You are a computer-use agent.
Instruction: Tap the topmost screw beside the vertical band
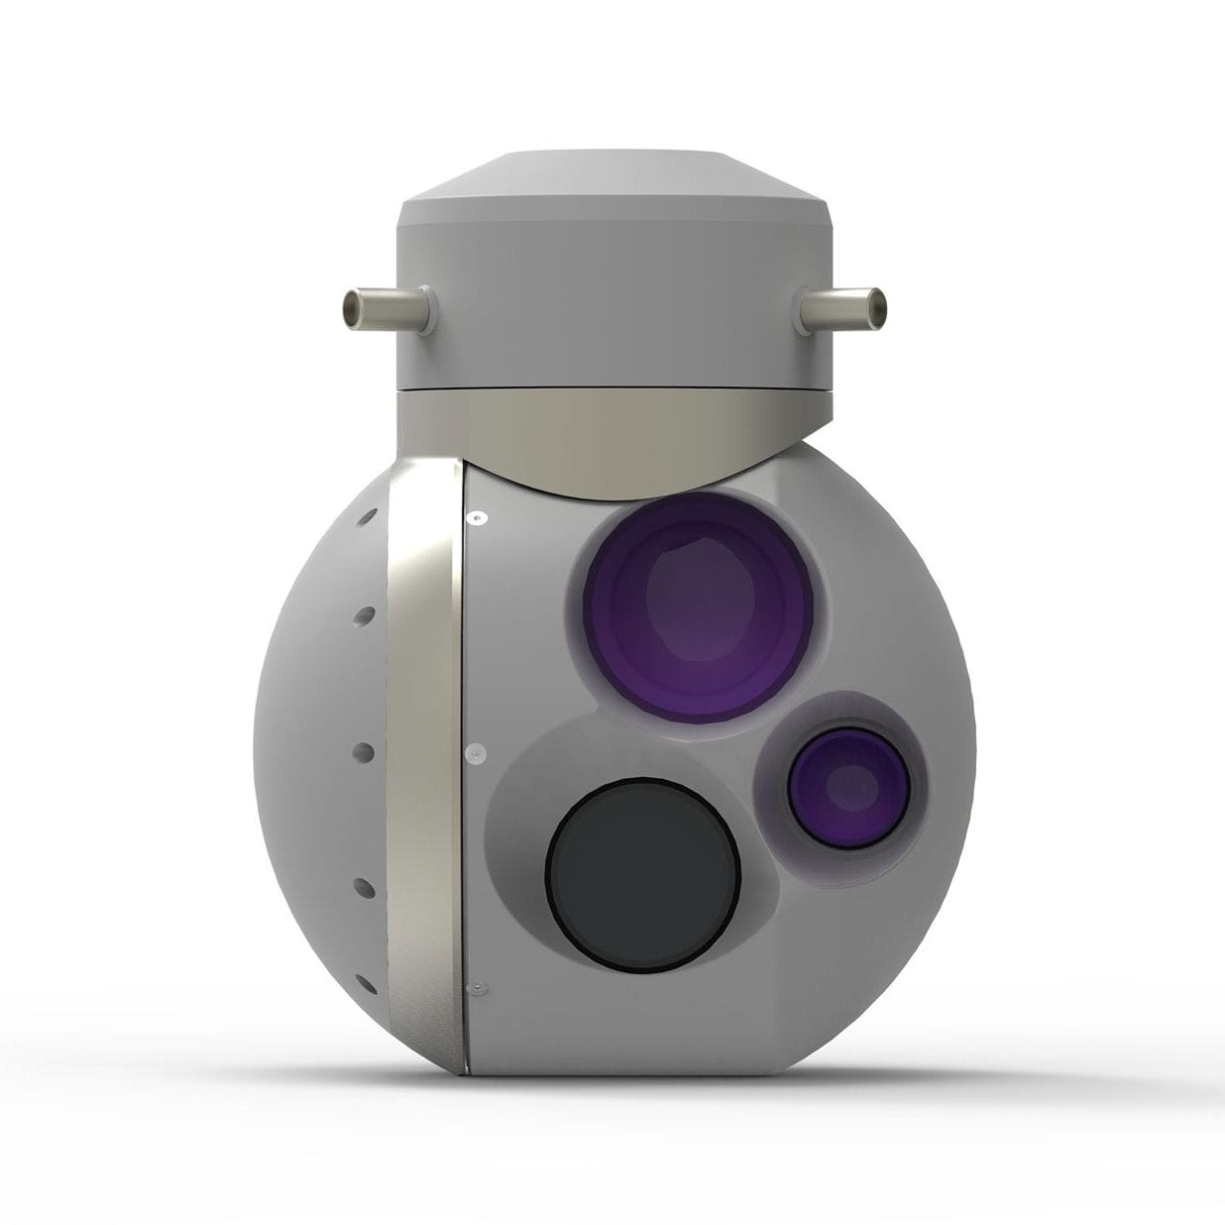click(x=476, y=517)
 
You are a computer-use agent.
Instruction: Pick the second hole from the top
click(x=362, y=615)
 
